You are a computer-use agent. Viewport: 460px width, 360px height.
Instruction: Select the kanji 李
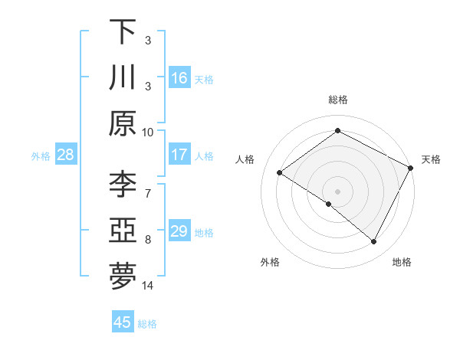[x=123, y=184]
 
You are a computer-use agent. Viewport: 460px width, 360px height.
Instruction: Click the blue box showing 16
[x=179, y=77]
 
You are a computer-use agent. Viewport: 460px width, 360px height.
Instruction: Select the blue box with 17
[x=179, y=155]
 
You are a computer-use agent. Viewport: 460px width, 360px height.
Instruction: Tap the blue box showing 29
[x=179, y=231]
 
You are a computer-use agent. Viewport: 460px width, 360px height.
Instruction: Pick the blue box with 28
[x=65, y=155]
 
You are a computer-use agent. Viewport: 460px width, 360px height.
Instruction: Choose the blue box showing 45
[x=123, y=322]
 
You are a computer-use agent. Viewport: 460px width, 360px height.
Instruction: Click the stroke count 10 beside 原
[x=148, y=132]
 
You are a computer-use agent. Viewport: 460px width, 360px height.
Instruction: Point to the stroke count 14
[x=148, y=286]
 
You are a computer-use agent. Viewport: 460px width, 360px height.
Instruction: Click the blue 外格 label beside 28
[x=41, y=156]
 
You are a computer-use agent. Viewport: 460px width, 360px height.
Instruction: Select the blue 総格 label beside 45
[x=147, y=324]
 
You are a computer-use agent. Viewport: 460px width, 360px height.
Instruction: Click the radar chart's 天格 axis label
[x=431, y=159]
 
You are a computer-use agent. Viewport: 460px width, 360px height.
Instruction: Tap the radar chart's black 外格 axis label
[x=270, y=262]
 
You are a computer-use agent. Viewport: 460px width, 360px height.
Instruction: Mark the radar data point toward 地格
[x=374, y=242]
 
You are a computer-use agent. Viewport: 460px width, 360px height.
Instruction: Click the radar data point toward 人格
[x=280, y=173]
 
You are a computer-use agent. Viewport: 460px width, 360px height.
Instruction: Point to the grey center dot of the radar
[x=337, y=190]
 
